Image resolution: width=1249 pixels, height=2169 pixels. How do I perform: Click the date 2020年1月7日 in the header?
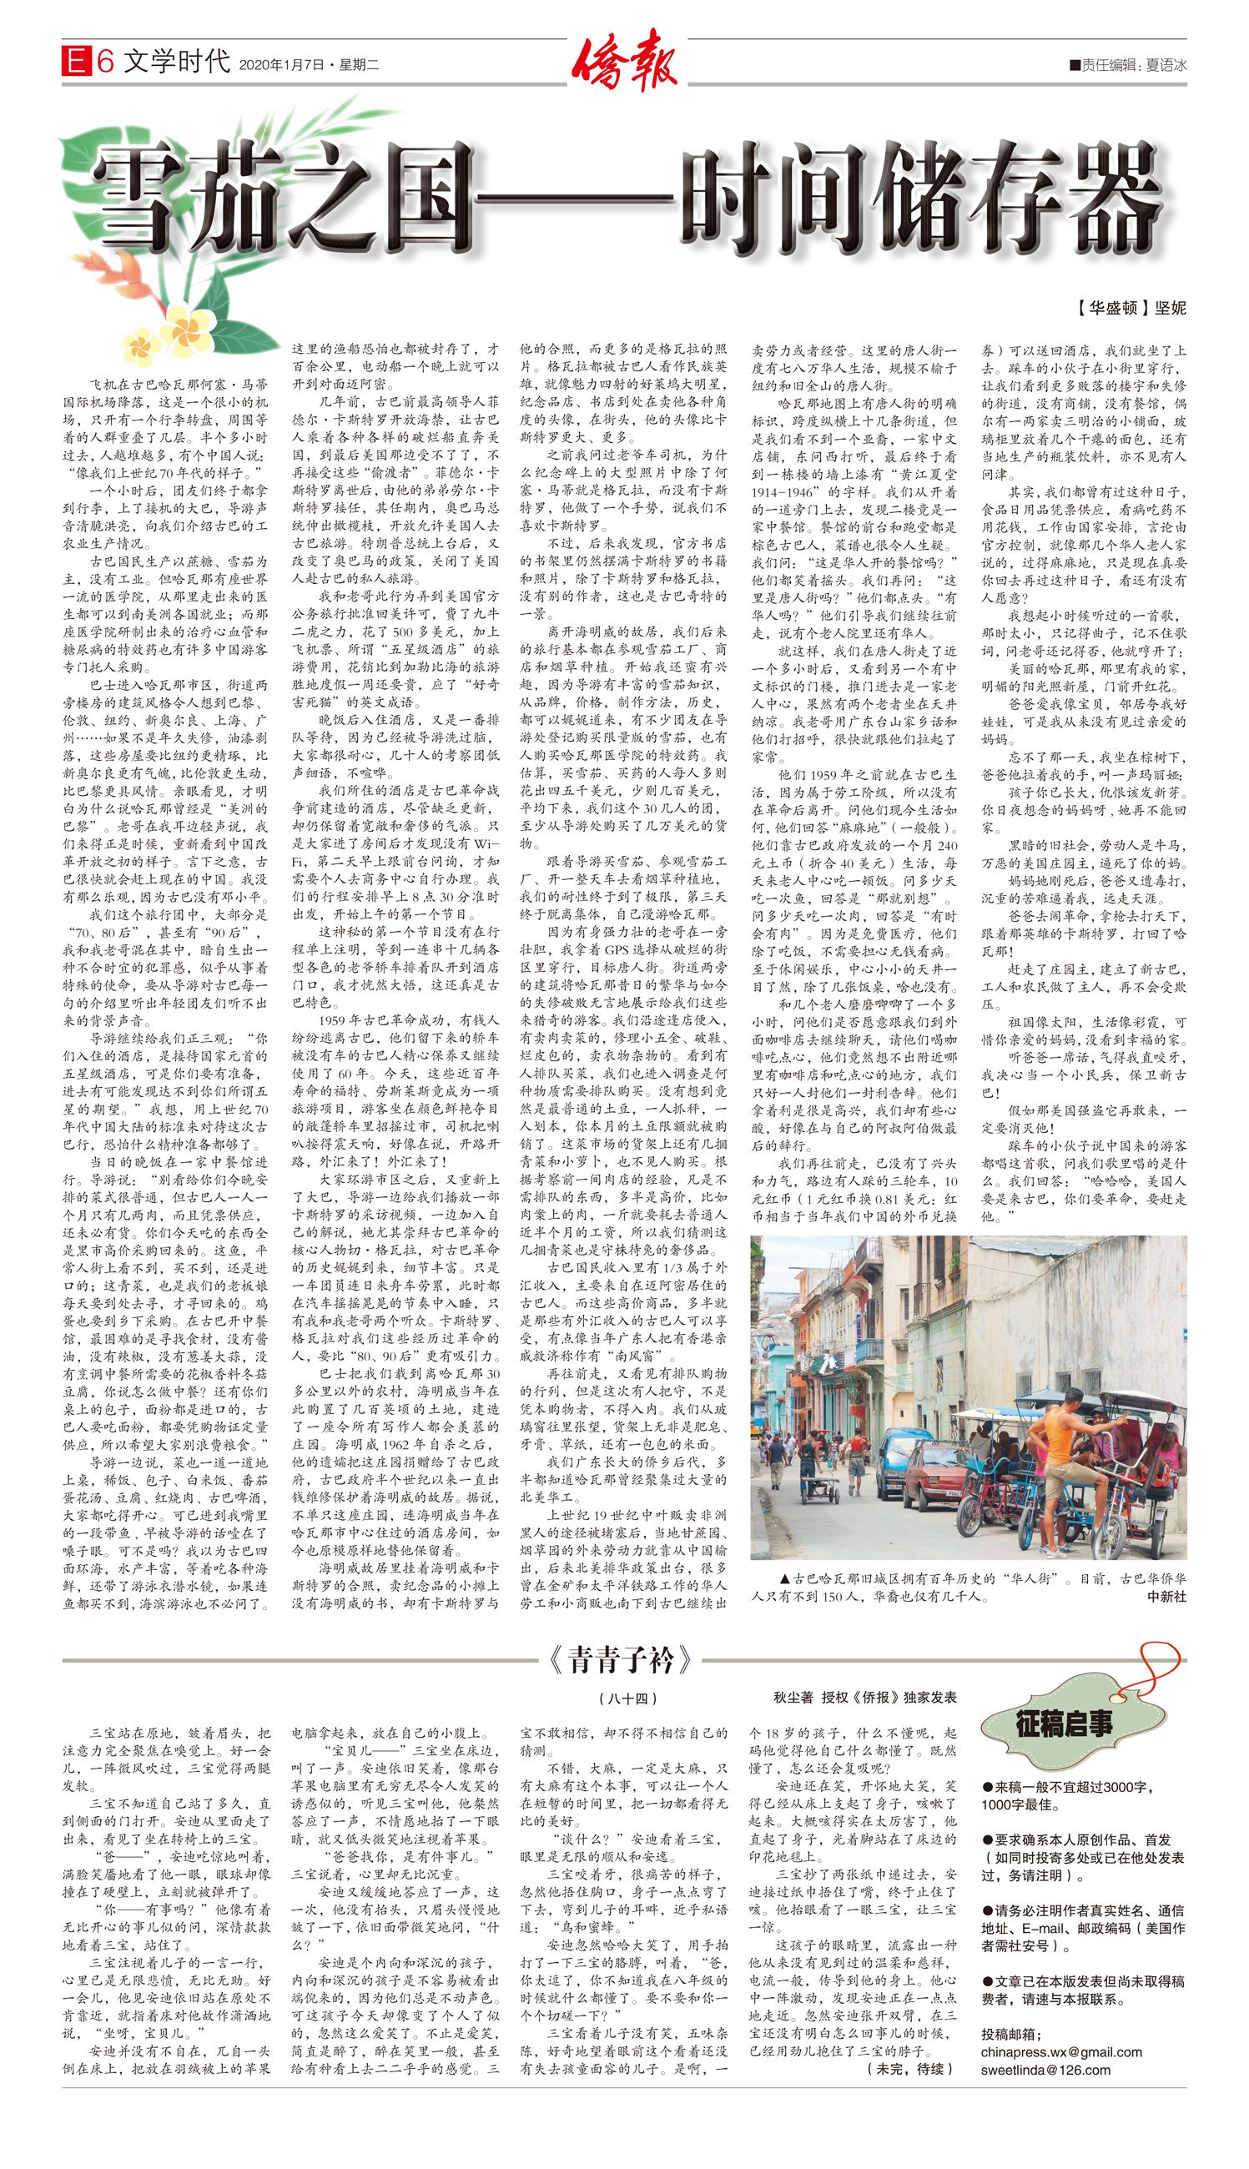point(282,64)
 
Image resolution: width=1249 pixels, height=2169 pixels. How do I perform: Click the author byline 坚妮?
point(1170,308)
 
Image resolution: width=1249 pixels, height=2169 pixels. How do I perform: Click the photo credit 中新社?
point(1166,1596)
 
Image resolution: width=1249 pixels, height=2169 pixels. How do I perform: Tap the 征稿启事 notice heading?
point(1064,1724)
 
